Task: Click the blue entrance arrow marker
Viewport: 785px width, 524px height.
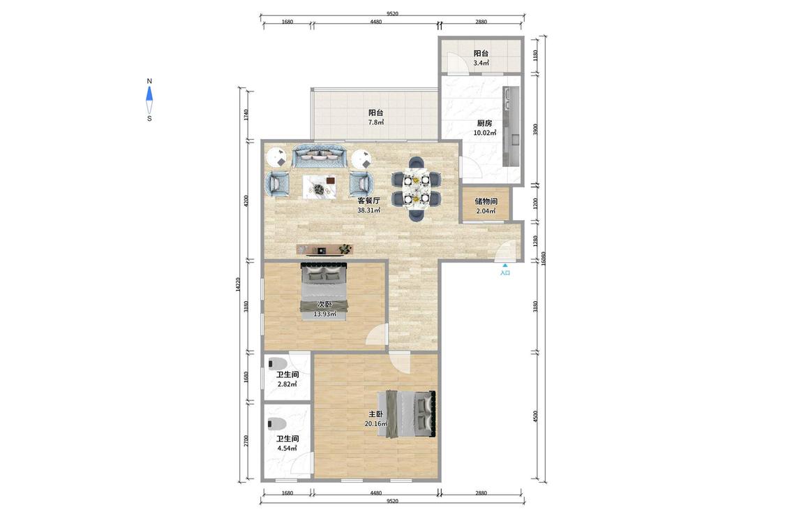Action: [505, 265]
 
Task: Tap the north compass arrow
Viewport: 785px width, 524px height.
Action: [149, 94]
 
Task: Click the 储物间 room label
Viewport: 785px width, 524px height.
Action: [486, 201]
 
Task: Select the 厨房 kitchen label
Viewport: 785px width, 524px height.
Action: [484, 123]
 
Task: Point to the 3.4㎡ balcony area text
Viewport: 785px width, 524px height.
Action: [481, 63]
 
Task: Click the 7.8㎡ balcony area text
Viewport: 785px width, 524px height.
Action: [376, 122]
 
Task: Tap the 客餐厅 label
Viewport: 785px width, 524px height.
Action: [368, 200]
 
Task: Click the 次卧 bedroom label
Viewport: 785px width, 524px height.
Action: [324, 305]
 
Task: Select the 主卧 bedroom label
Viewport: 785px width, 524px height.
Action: [376, 414]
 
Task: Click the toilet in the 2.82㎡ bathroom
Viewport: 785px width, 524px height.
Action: [277, 363]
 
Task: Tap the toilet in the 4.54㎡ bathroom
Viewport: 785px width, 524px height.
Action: [277, 424]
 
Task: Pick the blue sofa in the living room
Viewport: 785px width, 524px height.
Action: [320, 157]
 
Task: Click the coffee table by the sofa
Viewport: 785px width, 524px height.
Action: [320, 187]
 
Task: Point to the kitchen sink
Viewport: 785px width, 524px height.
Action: [511, 98]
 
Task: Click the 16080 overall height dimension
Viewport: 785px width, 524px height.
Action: [543, 259]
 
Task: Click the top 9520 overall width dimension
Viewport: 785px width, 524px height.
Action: [392, 13]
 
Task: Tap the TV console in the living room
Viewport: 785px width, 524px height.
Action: [324, 249]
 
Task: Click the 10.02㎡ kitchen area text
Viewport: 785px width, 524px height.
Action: [485, 133]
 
